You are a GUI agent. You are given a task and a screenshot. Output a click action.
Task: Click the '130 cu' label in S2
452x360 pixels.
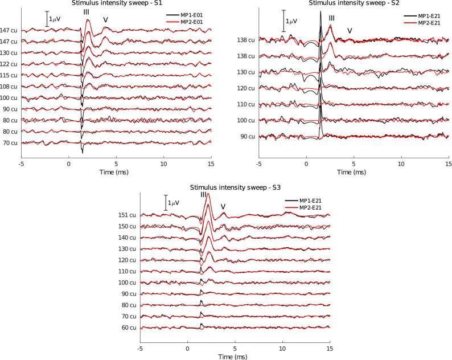pos(247,72)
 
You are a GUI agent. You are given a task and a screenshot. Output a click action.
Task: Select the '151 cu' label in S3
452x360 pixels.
pos(128,215)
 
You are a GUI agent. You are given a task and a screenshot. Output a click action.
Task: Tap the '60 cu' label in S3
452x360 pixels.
pos(130,328)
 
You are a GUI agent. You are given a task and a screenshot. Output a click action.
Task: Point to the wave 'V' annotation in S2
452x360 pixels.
pos(350,30)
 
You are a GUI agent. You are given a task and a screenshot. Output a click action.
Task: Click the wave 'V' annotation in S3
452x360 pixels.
pos(223,207)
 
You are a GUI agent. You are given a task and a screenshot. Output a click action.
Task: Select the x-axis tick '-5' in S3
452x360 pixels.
pos(140,347)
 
